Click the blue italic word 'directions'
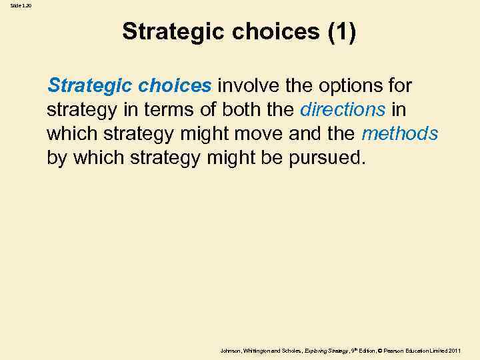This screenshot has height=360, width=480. pyautogui.click(x=343, y=109)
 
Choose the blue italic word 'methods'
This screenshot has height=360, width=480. pyautogui.click(x=399, y=133)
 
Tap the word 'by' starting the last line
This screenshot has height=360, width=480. pyautogui.click(x=55, y=158)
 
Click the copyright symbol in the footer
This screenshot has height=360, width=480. pyautogui.click(x=379, y=351)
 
